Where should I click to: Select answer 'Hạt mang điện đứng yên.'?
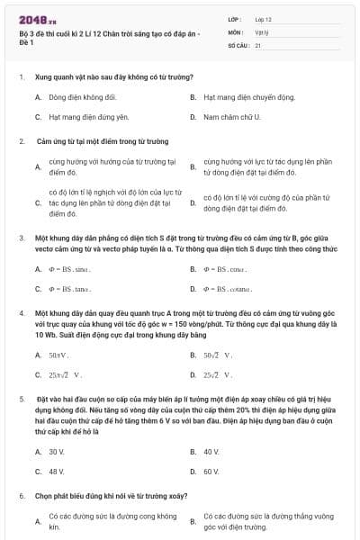click(83, 117)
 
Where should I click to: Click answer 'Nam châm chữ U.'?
click(231, 117)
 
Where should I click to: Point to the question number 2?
click(21, 141)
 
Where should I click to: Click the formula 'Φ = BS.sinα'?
click(71, 268)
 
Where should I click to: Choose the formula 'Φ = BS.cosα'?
click(226, 268)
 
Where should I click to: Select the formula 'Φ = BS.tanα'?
click(71, 289)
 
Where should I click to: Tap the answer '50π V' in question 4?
click(61, 355)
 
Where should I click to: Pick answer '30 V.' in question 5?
click(57, 451)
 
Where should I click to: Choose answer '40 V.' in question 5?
click(211, 451)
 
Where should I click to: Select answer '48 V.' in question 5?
click(57, 471)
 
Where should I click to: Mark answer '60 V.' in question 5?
click(211, 471)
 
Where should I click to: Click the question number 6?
click(21, 496)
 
